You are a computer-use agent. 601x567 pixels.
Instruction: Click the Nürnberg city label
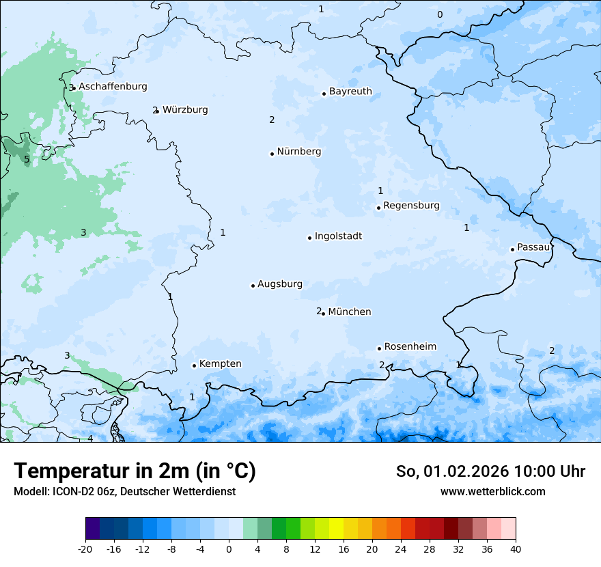point(298,152)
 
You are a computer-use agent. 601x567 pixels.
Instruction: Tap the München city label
point(350,312)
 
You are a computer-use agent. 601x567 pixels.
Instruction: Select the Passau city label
point(533,247)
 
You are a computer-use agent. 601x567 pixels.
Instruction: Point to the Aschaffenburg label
point(113,87)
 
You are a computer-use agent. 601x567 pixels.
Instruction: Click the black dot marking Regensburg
point(378,208)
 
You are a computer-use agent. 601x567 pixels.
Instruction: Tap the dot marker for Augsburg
point(253,286)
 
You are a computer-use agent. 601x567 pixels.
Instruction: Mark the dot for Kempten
point(194,365)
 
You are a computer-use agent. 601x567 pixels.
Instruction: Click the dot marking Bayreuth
point(324,94)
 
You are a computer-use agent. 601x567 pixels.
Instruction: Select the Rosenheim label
point(410,346)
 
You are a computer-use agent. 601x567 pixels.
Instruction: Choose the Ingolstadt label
point(338,236)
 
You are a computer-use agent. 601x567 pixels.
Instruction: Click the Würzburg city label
point(185,110)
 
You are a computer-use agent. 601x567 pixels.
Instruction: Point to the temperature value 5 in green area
point(27,160)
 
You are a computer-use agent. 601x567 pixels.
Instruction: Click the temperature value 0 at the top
point(440,14)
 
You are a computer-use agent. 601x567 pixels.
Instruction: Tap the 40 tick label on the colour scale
point(515,549)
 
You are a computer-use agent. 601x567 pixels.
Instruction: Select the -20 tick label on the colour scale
point(85,549)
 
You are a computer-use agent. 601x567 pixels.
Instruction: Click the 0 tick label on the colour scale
point(229,549)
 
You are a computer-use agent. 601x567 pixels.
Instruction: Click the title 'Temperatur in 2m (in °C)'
point(135,471)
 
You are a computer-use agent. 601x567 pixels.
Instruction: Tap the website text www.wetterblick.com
point(492,491)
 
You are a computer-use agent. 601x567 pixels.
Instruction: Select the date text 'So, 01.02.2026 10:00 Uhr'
point(490,471)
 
